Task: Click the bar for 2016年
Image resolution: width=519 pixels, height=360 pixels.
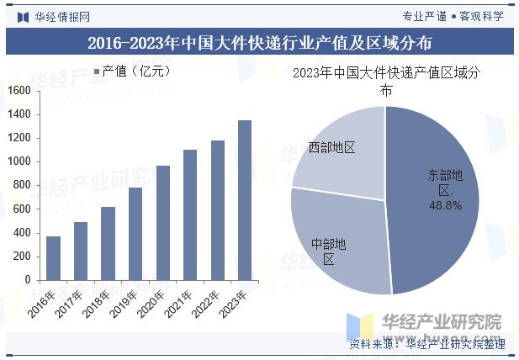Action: pyautogui.click(x=53, y=257)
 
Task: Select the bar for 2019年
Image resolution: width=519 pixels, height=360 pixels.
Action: pyautogui.click(x=135, y=234)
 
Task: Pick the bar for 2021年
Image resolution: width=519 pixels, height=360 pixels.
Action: pyautogui.click(x=190, y=214)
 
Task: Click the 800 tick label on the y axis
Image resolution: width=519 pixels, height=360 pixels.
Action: pyautogui.click(x=22, y=185)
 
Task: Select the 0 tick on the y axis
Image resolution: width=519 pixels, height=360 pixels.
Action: pyautogui.click(x=28, y=280)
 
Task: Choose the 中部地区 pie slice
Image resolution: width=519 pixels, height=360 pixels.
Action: pyautogui.click(x=336, y=244)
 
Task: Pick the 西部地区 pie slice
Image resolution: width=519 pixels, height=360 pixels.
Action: pyautogui.click(x=336, y=151)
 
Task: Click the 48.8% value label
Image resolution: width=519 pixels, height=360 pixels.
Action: pyautogui.click(x=445, y=205)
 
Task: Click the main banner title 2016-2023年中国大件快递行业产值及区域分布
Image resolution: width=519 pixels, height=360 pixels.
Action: pyautogui.click(x=259, y=43)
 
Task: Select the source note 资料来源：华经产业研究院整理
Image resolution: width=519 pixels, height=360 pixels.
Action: pyautogui.click(x=426, y=344)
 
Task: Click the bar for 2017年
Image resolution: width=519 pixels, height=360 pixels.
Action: pyautogui.click(x=81, y=251)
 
